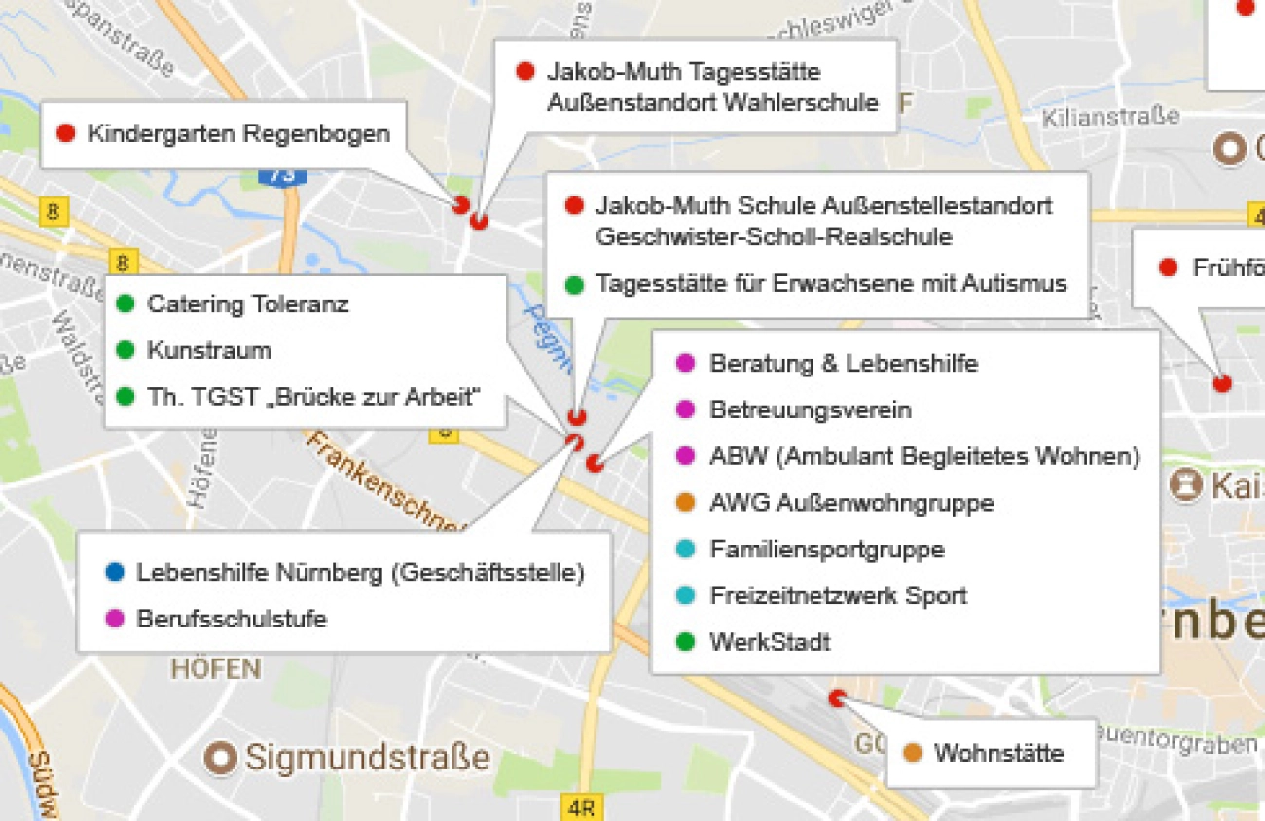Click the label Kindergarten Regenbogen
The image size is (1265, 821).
coord(238,133)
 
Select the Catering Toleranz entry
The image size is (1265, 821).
coord(247,304)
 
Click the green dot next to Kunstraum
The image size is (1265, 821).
coord(124,350)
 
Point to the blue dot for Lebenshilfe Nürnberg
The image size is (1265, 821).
coord(115,573)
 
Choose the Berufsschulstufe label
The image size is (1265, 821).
coord(232,619)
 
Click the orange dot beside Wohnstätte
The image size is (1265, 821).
coord(912,753)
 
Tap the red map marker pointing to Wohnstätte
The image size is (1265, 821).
coord(836,697)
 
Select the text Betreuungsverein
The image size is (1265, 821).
coord(811,410)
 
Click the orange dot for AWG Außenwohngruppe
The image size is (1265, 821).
coord(686,503)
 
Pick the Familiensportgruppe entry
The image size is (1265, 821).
coord(827,550)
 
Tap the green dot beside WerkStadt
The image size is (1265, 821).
coord(686,642)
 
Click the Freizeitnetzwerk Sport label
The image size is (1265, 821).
coord(838,595)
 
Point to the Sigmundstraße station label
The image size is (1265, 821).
coord(368,757)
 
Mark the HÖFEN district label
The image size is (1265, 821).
coord(216,669)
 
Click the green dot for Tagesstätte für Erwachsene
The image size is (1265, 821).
coord(574,284)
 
